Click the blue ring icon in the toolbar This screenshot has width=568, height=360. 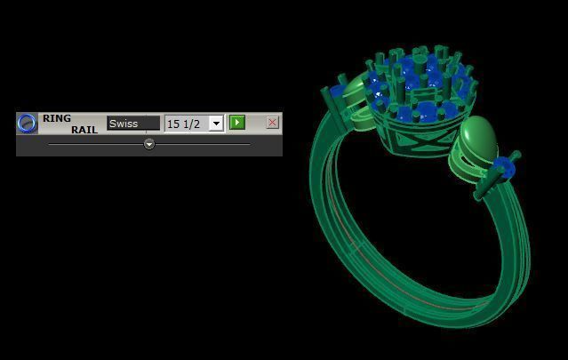(x=28, y=124)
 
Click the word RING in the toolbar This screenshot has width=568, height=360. (x=57, y=118)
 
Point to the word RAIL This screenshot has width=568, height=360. (x=84, y=130)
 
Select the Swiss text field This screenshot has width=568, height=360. (x=133, y=124)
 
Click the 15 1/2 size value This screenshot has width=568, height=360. (x=185, y=124)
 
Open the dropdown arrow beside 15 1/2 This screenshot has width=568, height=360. (x=216, y=124)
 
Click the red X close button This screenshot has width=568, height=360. (x=272, y=123)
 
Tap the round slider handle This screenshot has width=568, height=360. (x=149, y=143)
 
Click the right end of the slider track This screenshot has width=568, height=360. (x=248, y=143)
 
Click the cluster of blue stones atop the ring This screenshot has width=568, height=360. (x=418, y=84)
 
